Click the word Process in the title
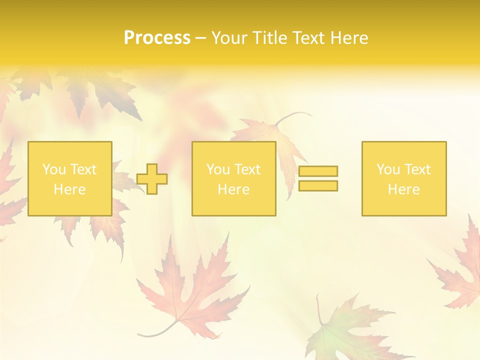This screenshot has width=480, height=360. [x=157, y=38]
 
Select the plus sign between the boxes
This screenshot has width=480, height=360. [x=152, y=179]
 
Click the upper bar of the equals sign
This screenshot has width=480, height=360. [x=318, y=171]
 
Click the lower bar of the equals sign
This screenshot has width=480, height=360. [x=318, y=186]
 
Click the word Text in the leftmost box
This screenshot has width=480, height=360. [x=83, y=169]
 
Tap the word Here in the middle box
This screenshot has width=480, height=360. [x=233, y=189]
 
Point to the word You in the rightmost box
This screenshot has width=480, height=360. [x=388, y=169]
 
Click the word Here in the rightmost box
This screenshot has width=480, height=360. [x=403, y=189]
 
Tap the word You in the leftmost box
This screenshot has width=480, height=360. [x=54, y=169]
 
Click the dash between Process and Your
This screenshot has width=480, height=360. [x=200, y=38]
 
